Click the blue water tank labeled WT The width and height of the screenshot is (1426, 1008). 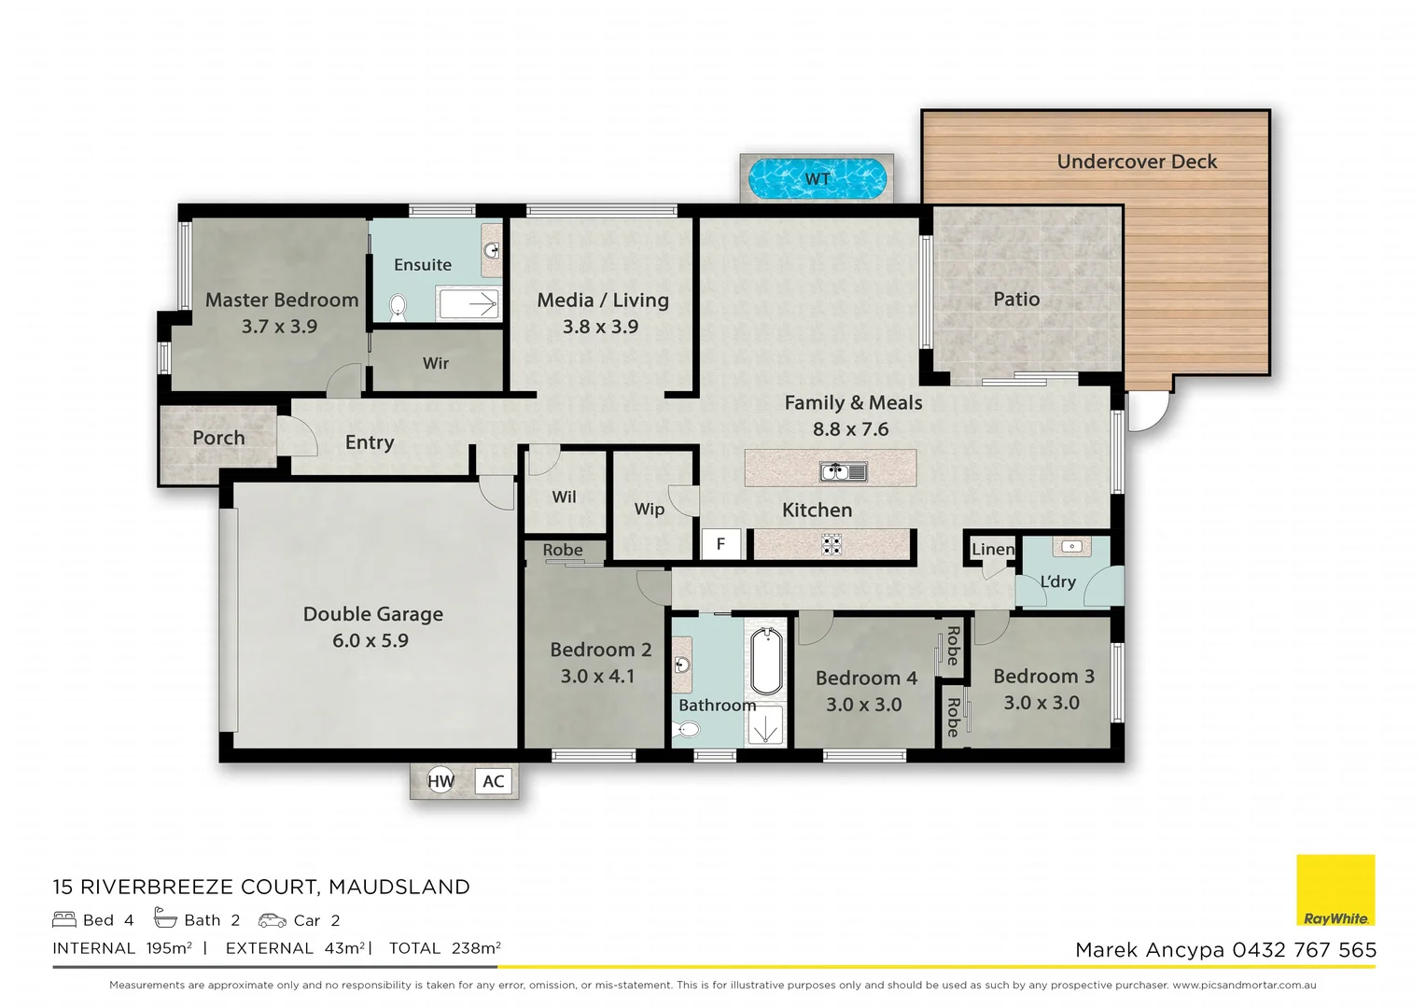(x=817, y=178)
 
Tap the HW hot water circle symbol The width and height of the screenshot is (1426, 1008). (x=440, y=781)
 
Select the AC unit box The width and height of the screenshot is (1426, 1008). (x=494, y=781)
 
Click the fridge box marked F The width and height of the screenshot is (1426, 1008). (x=720, y=544)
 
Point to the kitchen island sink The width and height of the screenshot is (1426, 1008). (x=844, y=471)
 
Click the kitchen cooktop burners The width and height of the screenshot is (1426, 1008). (x=832, y=544)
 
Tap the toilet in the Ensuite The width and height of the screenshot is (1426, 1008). (x=398, y=307)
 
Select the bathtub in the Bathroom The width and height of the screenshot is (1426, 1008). (x=766, y=662)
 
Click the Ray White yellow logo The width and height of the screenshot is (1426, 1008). (x=1335, y=890)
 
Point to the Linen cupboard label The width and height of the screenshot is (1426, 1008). (x=992, y=549)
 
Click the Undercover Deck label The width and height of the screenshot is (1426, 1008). (x=1137, y=161)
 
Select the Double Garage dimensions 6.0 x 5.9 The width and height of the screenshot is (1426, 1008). (x=370, y=640)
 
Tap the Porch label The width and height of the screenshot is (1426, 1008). (x=218, y=438)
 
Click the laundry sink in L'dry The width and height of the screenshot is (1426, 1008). (x=1071, y=547)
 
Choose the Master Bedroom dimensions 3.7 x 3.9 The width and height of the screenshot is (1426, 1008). (x=279, y=327)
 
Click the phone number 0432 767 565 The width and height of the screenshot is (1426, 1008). (x=1304, y=950)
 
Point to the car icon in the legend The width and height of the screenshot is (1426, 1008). (x=273, y=920)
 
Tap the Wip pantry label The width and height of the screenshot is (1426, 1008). (x=649, y=509)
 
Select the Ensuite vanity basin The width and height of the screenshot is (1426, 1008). (x=491, y=249)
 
